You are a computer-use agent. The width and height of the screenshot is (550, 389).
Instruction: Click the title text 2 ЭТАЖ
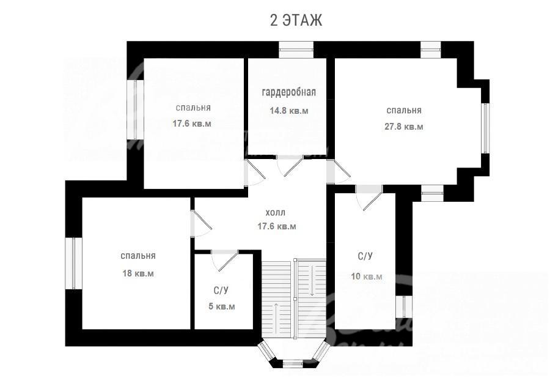[x=296, y=20]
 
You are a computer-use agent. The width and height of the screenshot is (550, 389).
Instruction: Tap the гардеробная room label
[x=289, y=92]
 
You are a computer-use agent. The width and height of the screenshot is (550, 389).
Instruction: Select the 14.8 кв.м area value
[x=289, y=111]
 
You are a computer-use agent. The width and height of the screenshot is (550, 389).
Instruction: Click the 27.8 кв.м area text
[x=404, y=127]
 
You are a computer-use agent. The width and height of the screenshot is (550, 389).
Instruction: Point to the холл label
[x=276, y=212]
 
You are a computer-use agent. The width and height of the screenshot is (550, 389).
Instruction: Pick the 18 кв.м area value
[x=138, y=273]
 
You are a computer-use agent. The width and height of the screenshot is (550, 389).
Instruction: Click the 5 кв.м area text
[x=222, y=306]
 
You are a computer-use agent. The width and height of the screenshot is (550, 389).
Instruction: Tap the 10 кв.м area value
[x=367, y=276]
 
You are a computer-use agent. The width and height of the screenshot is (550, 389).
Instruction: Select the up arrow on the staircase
[x=277, y=314]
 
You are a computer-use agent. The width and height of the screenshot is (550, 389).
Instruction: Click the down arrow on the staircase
[x=312, y=280]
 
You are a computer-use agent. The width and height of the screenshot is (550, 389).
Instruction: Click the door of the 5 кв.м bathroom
[x=224, y=261]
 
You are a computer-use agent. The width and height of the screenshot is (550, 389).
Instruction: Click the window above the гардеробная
[x=296, y=50]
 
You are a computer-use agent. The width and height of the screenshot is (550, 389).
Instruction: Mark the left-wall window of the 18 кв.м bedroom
[x=74, y=264]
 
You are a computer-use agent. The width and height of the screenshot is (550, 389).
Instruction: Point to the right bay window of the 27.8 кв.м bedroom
[x=485, y=128]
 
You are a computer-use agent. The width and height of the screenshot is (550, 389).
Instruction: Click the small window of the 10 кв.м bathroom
[x=404, y=307]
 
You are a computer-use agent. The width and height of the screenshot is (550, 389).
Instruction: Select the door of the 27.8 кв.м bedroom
[x=338, y=172]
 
